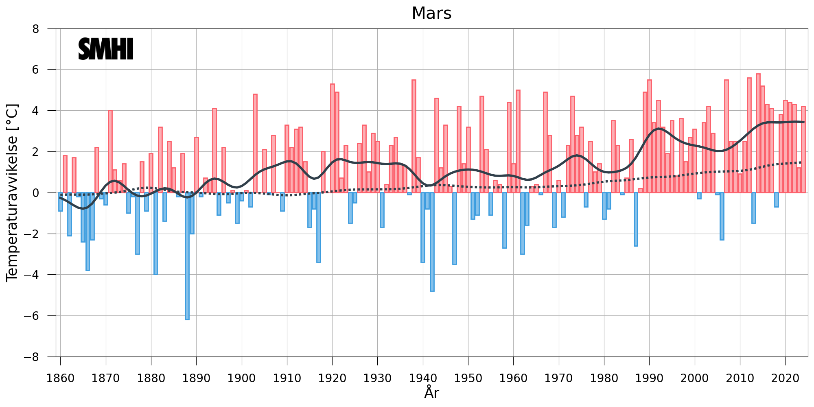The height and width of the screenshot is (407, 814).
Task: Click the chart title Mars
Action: pyautogui.click(x=431, y=13)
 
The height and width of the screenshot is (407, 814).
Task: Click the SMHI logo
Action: pyautogui.click(x=106, y=49)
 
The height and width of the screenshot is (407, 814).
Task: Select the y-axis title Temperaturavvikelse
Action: pyautogui.click(x=12, y=193)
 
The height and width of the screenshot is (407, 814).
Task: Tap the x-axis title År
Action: pyautogui.click(x=431, y=393)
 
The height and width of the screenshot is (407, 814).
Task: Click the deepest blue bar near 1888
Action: pyautogui.click(x=187, y=256)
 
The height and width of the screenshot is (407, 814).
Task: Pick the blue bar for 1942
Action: pyautogui.click(x=432, y=242)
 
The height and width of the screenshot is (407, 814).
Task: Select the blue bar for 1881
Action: pyautogui.click(x=155, y=234)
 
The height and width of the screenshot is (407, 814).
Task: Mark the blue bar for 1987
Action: pyautogui.click(x=636, y=219)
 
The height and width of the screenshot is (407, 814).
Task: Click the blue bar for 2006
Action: pyautogui.click(x=722, y=216)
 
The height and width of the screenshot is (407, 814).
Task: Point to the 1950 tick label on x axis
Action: pyautogui.click(x=468, y=378)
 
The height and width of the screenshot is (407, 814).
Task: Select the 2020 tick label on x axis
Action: pyautogui.click(x=785, y=378)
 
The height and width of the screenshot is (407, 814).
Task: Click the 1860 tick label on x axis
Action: pyautogui.click(x=61, y=378)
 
